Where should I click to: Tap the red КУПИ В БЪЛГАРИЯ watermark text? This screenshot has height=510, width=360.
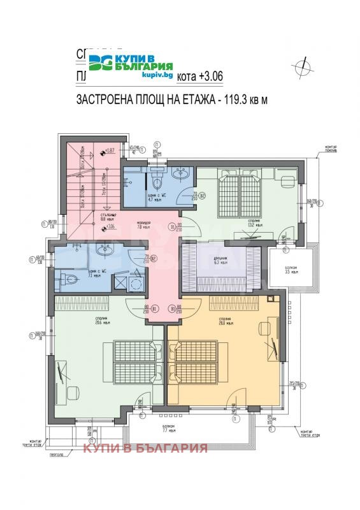pos(146,448)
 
